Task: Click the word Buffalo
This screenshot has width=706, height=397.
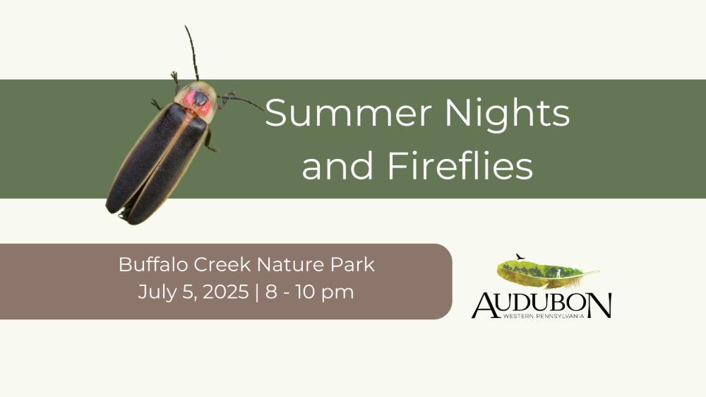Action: coord(153,264)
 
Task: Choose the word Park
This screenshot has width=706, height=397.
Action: coord(352,264)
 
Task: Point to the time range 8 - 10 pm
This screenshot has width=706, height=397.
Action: coord(310,292)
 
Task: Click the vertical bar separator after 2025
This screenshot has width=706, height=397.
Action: coord(257,292)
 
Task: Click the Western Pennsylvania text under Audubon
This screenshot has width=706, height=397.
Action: coord(544,316)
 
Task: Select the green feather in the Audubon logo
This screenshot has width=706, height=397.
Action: coord(548,273)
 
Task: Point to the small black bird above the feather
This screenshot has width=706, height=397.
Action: coord(520,257)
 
